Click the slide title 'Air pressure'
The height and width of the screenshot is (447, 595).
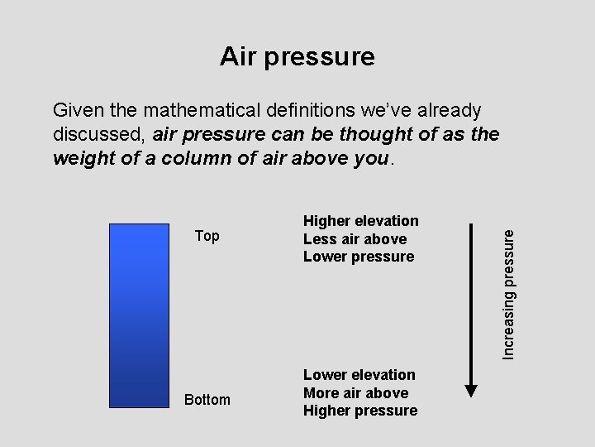coord(297,56)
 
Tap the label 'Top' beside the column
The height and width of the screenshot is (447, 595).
coord(207,236)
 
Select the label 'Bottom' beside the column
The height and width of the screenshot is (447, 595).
coord(207,400)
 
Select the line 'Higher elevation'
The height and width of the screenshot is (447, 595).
coord(361,221)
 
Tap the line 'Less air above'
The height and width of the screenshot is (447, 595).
coord(355,239)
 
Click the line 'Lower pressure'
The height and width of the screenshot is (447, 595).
coord(359,257)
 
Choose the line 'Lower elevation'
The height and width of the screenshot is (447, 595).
coord(359,375)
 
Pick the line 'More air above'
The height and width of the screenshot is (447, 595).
coord(356,393)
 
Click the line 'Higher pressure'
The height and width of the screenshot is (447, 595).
coord(360,411)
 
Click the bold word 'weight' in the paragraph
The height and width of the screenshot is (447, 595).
coord(81,158)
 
